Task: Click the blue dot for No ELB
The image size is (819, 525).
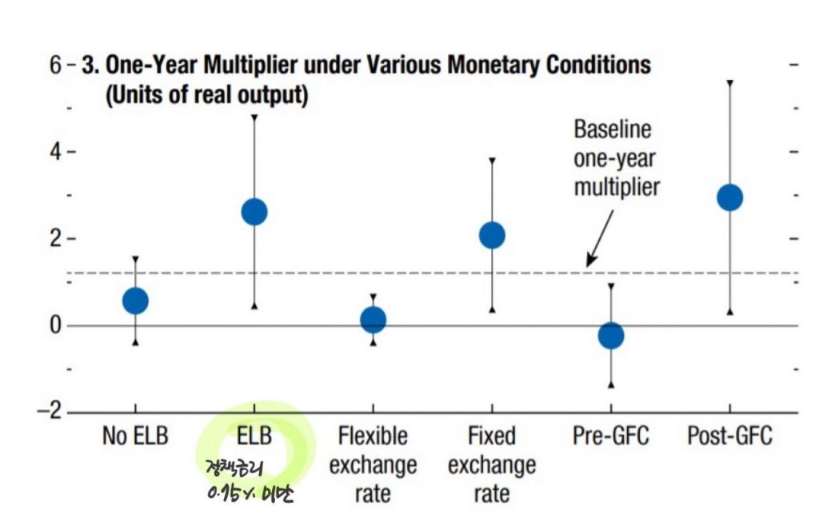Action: pos(135,300)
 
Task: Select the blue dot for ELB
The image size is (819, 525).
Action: pos(254,212)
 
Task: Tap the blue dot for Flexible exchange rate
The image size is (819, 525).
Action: pos(374,320)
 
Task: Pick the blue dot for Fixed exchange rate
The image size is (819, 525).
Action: pos(492,235)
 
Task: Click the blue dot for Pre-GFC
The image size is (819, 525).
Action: pos(611,336)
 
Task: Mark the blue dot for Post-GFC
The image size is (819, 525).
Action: pos(729,197)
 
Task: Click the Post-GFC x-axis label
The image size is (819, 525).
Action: pos(729,436)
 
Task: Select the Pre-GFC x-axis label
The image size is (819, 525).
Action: pos(611,436)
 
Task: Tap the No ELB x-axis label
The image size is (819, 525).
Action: pos(135,436)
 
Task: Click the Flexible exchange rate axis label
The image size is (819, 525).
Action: pos(374,465)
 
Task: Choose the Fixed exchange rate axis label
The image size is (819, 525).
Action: pos(492,465)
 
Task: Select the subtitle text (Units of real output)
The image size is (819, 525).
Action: pos(206,95)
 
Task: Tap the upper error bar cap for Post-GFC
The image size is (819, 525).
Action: pos(729,82)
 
